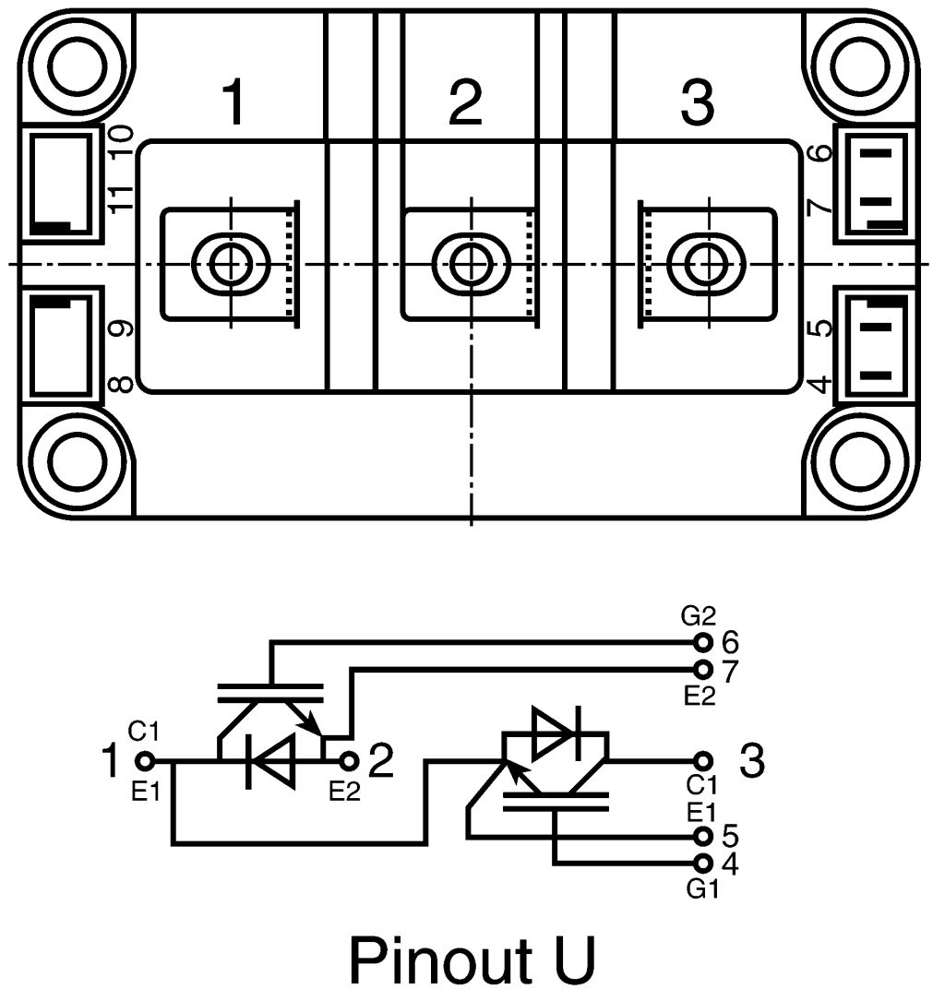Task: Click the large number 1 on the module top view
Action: (x=233, y=102)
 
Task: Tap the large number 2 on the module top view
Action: (x=466, y=102)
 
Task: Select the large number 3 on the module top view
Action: (x=698, y=102)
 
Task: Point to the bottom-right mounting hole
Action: (x=860, y=461)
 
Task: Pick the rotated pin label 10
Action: (x=121, y=142)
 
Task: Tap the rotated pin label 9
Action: (x=121, y=328)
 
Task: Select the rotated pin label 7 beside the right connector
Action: (x=821, y=209)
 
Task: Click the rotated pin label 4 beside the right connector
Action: (x=821, y=385)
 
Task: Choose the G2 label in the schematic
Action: (x=698, y=616)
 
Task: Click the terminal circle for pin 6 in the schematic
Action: (x=703, y=641)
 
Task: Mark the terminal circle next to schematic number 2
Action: (x=349, y=761)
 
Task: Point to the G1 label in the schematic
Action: (x=703, y=888)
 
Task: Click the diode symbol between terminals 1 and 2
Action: (x=270, y=761)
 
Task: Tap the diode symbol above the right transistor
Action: (x=556, y=733)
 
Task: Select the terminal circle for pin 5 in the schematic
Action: (x=703, y=836)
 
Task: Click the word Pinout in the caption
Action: (x=441, y=959)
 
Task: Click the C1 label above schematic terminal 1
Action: (x=143, y=732)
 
